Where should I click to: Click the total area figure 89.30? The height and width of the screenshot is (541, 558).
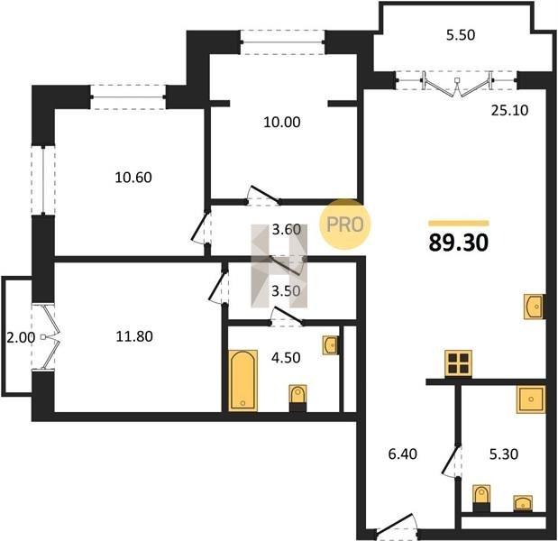tap(458, 243)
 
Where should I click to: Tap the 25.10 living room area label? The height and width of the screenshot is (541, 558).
tap(509, 111)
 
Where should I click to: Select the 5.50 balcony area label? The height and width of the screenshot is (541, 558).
tap(461, 35)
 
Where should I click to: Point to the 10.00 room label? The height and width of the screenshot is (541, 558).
tap(282, 122)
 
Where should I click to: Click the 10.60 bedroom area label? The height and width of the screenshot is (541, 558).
tap(133, 178)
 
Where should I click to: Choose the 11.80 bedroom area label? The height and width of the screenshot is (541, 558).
tap(134, 336)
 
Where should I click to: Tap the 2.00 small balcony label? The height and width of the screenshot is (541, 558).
tap(21, 337)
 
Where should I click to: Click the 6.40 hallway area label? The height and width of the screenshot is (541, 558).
tap(403, 454)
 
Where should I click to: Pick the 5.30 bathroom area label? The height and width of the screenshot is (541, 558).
tap(504, 454)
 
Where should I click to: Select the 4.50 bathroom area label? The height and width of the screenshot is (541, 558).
tap(286, 358)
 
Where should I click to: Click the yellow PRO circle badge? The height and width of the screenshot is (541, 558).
tap(345, 225)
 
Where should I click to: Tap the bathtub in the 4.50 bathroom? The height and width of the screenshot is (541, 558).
tap(242, 381)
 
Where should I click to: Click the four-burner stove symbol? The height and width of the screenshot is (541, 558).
tap(458, 363)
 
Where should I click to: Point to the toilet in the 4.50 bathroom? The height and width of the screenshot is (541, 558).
tap(297, 399)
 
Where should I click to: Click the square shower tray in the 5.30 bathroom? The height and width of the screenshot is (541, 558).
tap(531, 399)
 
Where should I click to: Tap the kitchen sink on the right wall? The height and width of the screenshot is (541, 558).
tap(534, 306)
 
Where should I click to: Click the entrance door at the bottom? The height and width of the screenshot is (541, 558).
tap(396, 526)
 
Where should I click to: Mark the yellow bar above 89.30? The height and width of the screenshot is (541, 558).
tap(459, 224)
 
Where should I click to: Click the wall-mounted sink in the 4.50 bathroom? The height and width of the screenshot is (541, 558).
tap(331, 344)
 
